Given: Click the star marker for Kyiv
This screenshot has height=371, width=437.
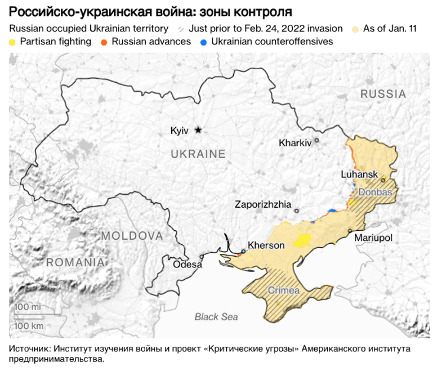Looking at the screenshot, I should point(198,130).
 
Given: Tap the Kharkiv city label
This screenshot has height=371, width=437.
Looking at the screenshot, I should point(295,143).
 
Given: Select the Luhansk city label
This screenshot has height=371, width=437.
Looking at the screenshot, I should point(359,174).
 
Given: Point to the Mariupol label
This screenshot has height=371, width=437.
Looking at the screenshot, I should point(373,237).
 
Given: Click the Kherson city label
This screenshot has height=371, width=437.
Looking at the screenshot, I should point(266,245).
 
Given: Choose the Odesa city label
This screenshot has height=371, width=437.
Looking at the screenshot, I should point(187,264).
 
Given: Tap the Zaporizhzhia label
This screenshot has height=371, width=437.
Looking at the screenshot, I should point(263,204).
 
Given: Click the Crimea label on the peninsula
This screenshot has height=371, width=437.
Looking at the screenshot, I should point(284,291).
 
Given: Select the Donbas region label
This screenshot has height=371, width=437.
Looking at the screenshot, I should point(375,192).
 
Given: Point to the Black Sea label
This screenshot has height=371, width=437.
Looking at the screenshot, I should point(216,317).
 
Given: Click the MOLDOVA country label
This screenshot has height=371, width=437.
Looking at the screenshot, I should point(132,235).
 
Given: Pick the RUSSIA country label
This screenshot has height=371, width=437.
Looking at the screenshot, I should point(383,94).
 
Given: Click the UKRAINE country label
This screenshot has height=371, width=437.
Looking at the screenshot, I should point(198,154).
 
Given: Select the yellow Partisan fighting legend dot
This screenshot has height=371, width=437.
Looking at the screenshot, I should point(13,42).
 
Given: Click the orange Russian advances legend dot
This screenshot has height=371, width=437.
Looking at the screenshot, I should point(104,42).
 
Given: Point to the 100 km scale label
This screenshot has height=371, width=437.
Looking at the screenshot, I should point(30,325).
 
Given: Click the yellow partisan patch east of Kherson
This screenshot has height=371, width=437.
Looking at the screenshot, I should point(303,240).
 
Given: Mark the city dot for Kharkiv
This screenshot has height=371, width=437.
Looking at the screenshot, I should point(317,141).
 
